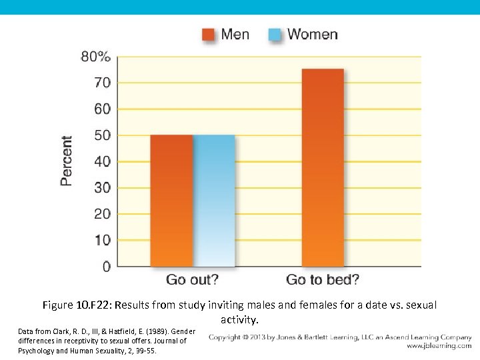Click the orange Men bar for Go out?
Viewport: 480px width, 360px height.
point(171,201)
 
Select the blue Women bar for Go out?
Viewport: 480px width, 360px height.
point(214,201)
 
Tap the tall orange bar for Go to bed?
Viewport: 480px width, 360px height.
point(323,167)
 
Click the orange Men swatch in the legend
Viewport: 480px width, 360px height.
point(209,35)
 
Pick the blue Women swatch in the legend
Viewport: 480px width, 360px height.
point(275,35)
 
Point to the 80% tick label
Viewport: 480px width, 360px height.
point(95,57)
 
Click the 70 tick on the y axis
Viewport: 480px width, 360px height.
point(103,83)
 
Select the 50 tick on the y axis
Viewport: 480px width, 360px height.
point(103,135)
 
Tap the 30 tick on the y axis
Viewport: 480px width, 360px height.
point(103,188)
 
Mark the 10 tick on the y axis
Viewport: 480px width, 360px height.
point(103,240)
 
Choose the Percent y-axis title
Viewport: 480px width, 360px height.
point(67,161)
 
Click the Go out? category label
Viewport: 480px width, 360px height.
point(192,280)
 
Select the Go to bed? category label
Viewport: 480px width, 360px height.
point(323,280)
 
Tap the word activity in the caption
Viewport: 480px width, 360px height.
point(239,320)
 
